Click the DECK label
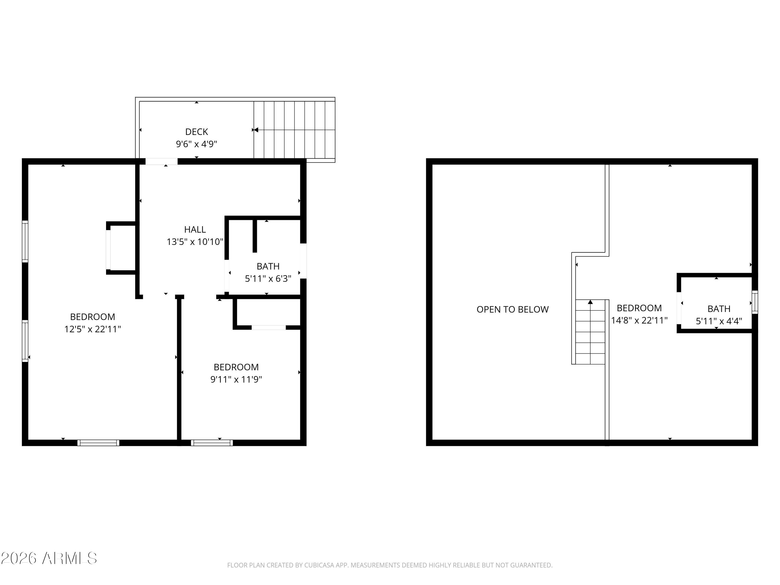tap(196, 132)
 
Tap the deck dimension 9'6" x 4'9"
tap(196, 144)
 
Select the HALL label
tap(195, 230)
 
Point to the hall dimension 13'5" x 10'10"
tap(195, 242)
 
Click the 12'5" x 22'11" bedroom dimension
tap(92, 329)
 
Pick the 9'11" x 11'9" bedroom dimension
tap(236, 379)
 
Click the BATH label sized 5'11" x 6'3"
tap(268, 266)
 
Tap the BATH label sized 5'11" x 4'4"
tap(719, 309)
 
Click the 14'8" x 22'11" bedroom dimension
tap(639, 320)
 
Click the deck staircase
tap(294, 130)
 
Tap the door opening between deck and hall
tap(161, 161)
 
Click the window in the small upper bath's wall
tap(755, 302)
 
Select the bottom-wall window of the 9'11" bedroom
tap(212, 443)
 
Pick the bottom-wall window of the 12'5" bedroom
tap(98, 443)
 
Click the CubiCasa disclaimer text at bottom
tap(390, 565)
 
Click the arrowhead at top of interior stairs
tap(590, 302)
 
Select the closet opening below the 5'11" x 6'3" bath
tap(268, 328)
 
